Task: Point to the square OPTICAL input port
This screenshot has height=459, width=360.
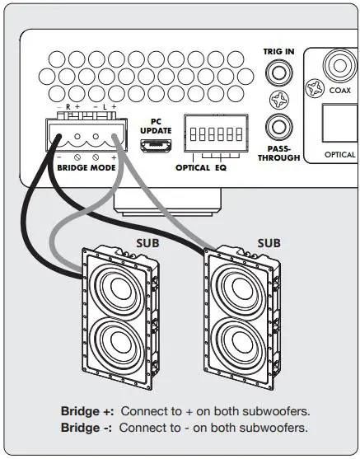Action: pos(338,126)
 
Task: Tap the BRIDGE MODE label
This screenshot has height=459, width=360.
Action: pos(86,167)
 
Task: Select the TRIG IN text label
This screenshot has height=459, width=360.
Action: pos(278,51)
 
